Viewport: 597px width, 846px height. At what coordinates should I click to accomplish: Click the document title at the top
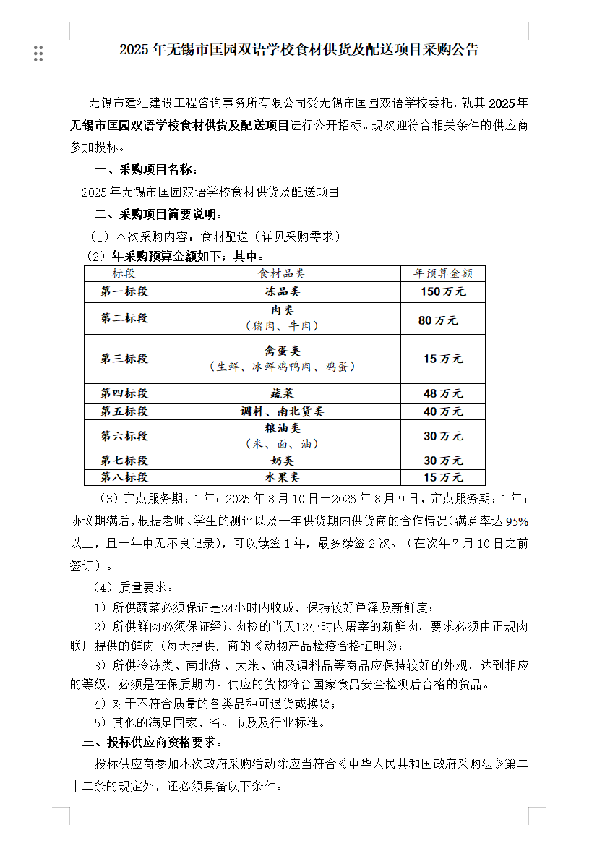tap(298, 49)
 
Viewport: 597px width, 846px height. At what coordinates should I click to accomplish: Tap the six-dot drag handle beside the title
tap(38, 53)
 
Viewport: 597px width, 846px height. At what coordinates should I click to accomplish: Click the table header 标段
tap(124, 273)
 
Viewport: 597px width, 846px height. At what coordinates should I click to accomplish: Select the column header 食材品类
tap(282, 273)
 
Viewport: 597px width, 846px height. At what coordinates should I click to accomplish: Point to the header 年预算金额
tap(442, 273)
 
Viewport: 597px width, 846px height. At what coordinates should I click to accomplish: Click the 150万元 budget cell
tap(442, 291)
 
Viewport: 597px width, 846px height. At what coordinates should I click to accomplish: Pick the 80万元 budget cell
tap(438, 320)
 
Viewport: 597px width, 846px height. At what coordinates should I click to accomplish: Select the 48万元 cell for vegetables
tap(442, 393)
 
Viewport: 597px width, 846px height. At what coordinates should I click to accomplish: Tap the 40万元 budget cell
tap(442, 411)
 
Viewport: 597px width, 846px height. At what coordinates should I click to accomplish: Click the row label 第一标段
tap(124, 291)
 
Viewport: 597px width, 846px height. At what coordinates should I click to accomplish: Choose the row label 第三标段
tap(124, 359)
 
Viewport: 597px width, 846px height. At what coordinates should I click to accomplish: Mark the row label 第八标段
tap(124, 477)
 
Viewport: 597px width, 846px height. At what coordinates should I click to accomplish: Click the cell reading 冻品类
tap(282, 291)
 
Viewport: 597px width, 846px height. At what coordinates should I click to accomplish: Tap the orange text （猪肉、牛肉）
tap(282, 326)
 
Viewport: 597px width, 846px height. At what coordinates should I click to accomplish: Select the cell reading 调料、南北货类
tap(282, 411)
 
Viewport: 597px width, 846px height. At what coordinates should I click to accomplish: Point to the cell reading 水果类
tap(282, 477)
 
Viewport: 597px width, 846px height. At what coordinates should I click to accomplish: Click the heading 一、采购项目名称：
tap(146, 170)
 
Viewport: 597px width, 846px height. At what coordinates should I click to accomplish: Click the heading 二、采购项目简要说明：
tap(158, 215)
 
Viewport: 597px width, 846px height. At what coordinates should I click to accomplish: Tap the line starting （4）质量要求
tap(133, 586)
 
